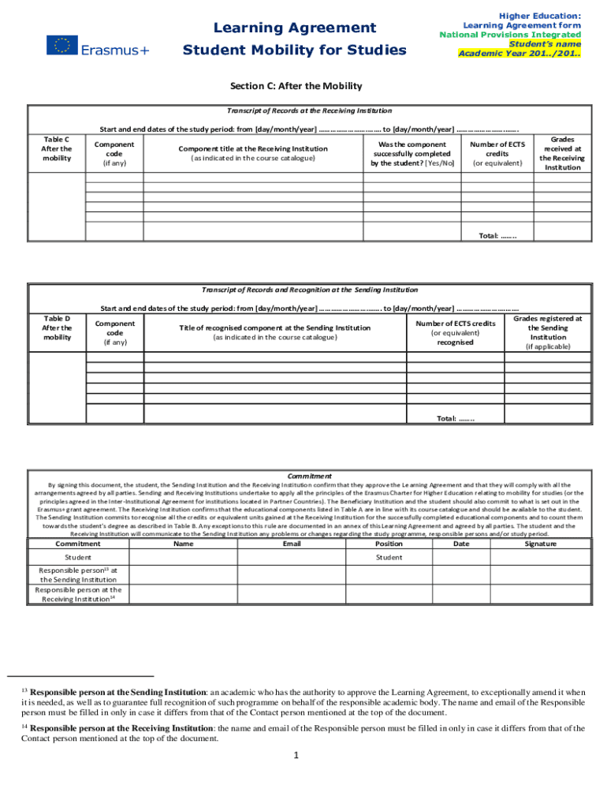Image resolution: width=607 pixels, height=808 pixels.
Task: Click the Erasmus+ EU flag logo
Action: [x=61, y=46]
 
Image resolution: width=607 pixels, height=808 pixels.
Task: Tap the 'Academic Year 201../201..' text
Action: [x=520, y=54]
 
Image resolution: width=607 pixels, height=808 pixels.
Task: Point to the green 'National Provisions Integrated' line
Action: [x=510, y=35]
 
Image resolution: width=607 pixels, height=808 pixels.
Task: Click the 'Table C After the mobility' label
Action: [x=56, y=148]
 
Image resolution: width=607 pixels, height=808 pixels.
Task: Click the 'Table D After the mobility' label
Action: [x=56, y=327]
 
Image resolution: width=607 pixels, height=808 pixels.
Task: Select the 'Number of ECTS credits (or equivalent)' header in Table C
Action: [x=497, y=154]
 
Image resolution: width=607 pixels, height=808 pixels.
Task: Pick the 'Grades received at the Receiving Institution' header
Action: [x=562, y=153]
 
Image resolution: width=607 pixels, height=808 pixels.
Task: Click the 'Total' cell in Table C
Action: [x=497, y=236]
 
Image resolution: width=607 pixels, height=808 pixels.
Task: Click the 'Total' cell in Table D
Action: [x=456, y=418]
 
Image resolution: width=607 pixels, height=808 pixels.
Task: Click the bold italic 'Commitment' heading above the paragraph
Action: [x=309, y=476]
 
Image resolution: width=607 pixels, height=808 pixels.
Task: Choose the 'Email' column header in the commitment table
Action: [x=292, y=543]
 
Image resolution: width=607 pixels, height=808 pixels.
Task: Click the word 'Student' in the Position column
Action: [x=389, y=557]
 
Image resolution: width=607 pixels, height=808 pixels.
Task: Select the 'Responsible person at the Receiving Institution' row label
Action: [x=78, y=594]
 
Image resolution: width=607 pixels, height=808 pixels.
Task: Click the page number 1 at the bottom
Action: [x=296, y=755]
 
